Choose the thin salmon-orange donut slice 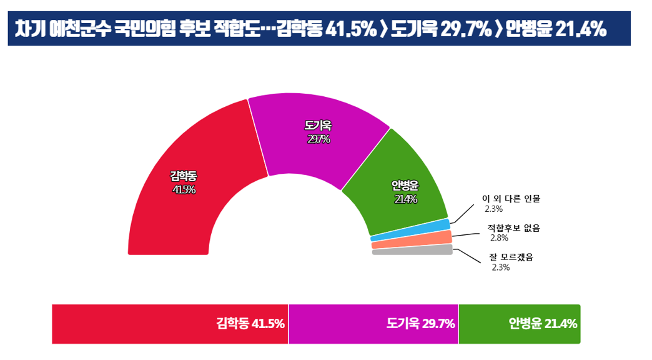[412, 240]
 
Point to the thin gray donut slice [412, 250]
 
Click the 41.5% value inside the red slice [184, 189]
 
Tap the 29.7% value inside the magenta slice [319, 139]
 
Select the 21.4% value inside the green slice [405, 199]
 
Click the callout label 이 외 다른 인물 [510, 199]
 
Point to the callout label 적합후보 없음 [513, 227]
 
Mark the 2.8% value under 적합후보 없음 [499, 238]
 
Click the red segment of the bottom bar [170, 324]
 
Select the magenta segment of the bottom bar [373, 324]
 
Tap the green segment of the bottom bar [519, 324]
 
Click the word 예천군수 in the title [84, 29]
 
